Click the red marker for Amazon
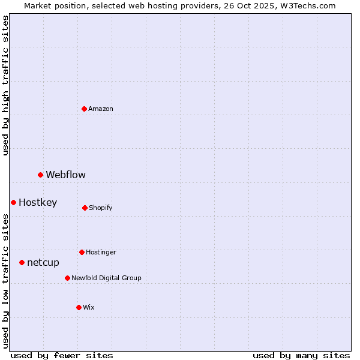click(85, 109)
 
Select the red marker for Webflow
click(41, 175)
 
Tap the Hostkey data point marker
click(13, 202)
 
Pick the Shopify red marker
click(85, 208)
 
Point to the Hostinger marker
click(82, 252)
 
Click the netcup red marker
click(22, 262)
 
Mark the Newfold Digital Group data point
click(67, 278)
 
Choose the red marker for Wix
click(79, 307)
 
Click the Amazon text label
click(101, 109)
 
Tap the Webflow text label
click(65, 175)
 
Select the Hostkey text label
click(38, 202)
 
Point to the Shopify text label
click(101, 208)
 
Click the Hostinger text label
click(101, 252)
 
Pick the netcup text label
click(43, 262)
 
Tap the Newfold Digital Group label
click(106, 278)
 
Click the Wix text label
click(89, 307)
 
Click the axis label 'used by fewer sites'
click(62, 355)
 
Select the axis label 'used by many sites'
click(301, 355)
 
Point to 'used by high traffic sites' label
click(5, 85)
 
